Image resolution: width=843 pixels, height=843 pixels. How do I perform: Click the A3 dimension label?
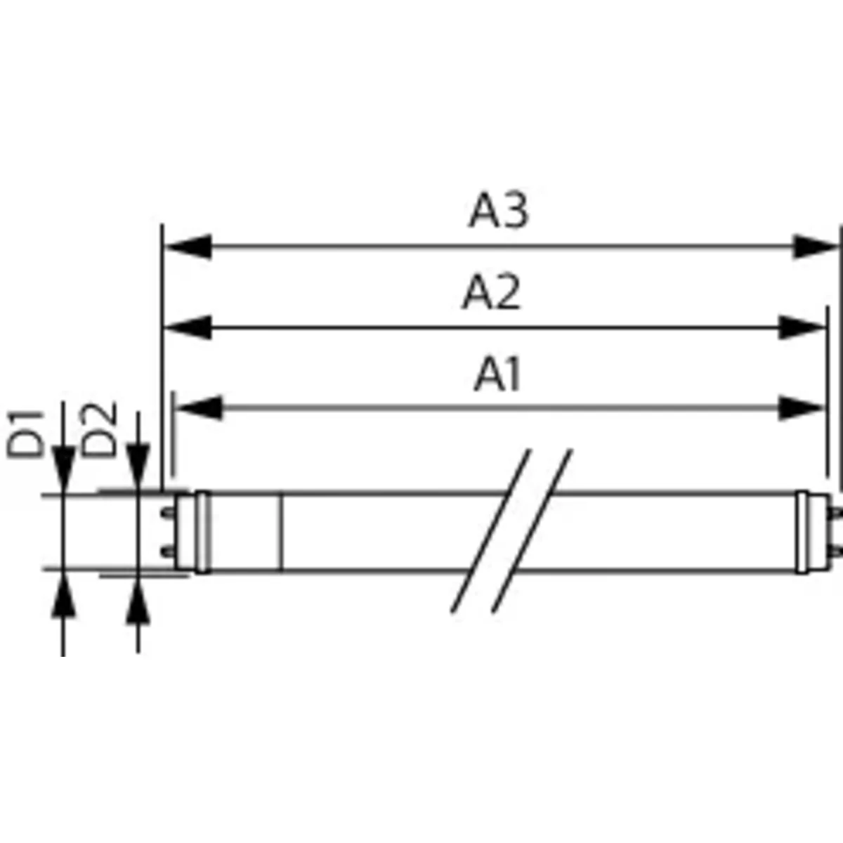(x=498, y=211)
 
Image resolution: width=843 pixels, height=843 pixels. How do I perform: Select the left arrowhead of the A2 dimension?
(x=187, y=327)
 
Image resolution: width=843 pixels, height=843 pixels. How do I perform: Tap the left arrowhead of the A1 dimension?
(x=198, y=407)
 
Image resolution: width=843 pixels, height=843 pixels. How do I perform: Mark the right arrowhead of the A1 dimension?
(x=801, y=407)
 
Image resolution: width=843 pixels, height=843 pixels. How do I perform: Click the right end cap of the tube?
(x=805, y=532)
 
